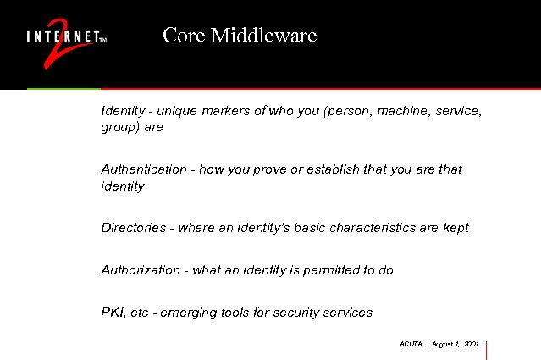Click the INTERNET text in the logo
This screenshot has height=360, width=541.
tap(62, 37)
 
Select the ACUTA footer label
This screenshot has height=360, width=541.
tap(411, 344)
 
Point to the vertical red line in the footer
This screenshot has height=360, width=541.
tap(489, 350)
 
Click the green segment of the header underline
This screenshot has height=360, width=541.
tap(63, 88)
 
